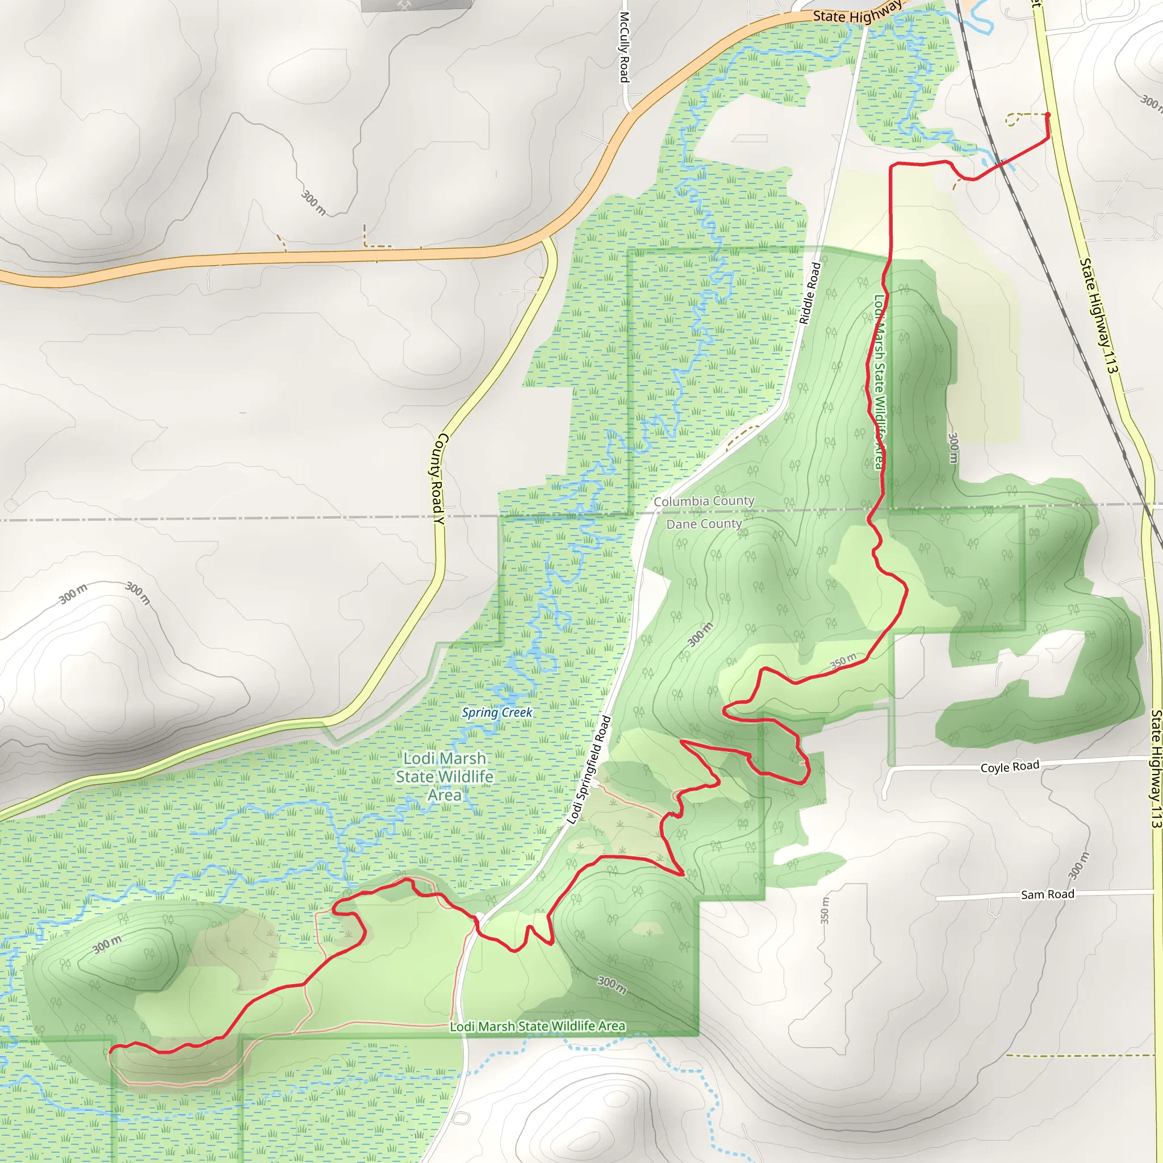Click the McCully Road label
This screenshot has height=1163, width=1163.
coord(624,47)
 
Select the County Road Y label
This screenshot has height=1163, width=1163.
coord(438,478)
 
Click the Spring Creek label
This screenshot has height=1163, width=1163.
coord(497,713)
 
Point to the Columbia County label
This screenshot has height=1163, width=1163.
coord(704,501)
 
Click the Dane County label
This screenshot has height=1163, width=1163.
coord(704,524)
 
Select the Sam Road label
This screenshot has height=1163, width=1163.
coord(1047,894)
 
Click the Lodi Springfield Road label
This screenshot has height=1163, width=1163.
coord(589,770)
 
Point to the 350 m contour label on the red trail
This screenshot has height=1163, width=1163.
coord(843,661)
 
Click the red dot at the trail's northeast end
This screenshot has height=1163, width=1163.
coord(1047,114)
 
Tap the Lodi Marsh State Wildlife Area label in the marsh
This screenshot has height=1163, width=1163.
coord(444,776)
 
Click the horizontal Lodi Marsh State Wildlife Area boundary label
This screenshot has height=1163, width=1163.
coord(538,1026)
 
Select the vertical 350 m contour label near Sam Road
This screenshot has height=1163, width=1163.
coord(825,910)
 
